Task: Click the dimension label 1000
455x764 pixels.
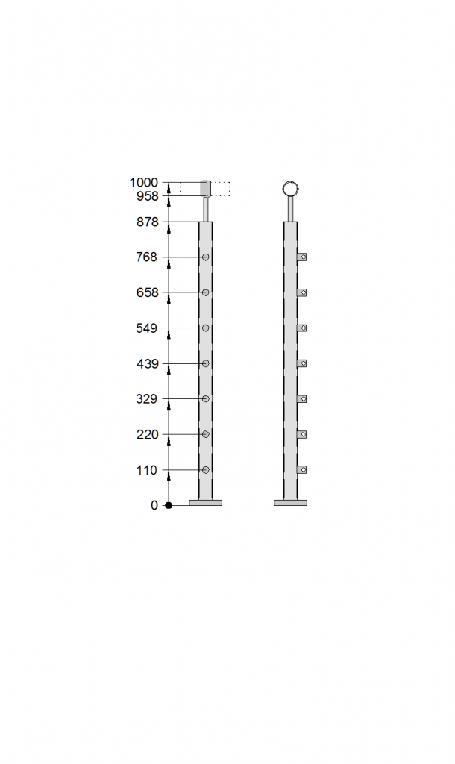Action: point(144,183)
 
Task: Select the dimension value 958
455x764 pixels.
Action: point(147,196)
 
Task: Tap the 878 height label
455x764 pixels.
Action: point(147,222)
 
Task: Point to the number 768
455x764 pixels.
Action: point(147,257)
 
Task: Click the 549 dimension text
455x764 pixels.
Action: point(147,328)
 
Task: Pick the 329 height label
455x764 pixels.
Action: point(147,400)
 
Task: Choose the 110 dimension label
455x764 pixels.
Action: point(147,470)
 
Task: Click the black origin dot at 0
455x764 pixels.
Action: point(169,505)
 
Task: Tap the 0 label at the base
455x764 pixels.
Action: point(154,505)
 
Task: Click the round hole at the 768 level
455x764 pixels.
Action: point(206,257)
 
